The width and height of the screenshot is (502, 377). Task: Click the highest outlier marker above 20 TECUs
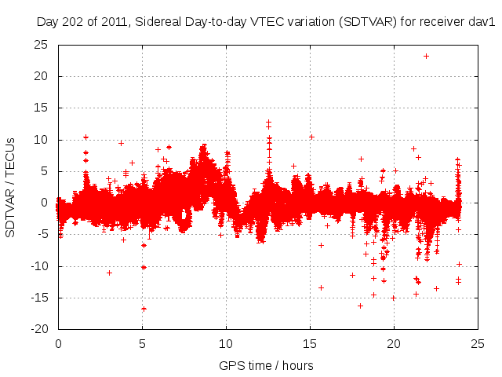[426, 56]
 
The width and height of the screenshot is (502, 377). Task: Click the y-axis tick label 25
[41, 45]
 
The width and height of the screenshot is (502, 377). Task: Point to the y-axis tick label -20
[38, 329]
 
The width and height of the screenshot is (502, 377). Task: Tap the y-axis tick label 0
[45, 203]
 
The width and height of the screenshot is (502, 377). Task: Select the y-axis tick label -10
[38, 266]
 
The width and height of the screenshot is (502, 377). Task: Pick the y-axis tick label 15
[41, 108]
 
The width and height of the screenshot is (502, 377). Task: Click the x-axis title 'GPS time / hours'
[266, 365]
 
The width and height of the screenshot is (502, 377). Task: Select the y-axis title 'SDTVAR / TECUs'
[11, 187]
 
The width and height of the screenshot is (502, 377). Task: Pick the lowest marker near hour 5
[144, 309]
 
